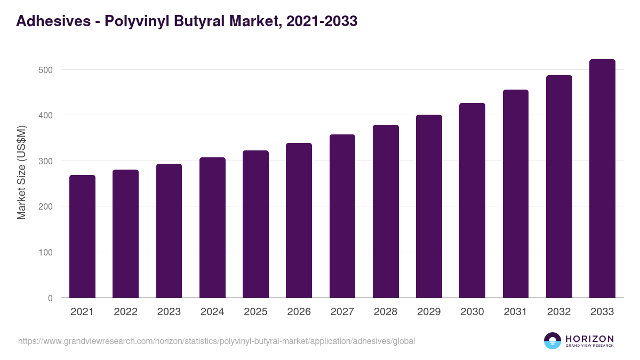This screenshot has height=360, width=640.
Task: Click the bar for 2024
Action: (x=212, y=228)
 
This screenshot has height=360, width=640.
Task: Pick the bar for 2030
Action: (x=472, y=201)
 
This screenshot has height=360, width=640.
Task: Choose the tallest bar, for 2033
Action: (x=602, y=179)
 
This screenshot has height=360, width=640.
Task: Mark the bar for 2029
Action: (x=429, y=206)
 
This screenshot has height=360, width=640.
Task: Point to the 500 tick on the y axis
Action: (x=45, y=70)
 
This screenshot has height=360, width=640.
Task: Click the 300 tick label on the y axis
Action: (x=45, y=161)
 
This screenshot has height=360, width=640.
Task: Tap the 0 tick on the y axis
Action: (x=50, y=298)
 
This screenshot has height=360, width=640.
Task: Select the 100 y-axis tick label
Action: (x=45, y=252)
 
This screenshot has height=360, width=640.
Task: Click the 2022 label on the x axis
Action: (x=125, y=312)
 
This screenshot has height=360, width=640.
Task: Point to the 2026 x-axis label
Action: (x=299, y=312)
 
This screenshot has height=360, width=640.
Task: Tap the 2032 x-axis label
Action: (x=559, y=312)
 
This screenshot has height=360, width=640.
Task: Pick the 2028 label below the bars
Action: (x=386, y=312)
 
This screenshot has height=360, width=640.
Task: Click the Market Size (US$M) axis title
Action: (x=22, y=172)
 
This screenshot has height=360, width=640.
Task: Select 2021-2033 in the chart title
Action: (x=322, y=22)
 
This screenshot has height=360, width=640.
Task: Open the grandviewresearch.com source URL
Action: (x=217, y=341)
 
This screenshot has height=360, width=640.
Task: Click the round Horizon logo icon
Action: (x=553, y=341)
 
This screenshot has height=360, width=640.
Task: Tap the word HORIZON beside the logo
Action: (x=589, y=339)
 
